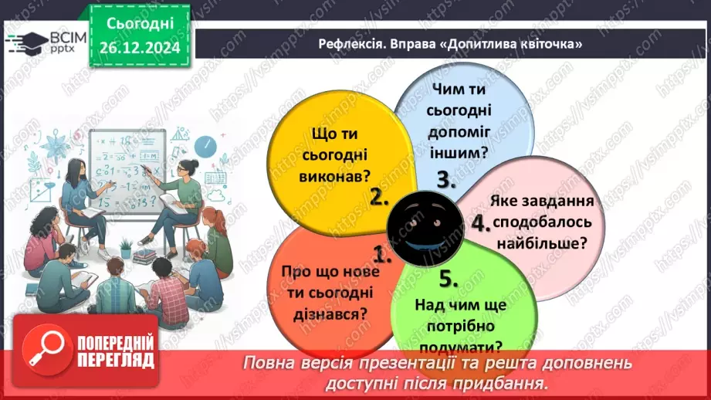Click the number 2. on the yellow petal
pos(378,197)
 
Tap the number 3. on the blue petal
pos(447,180)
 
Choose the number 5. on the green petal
pos(448,278)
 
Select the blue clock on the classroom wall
pos(205,145)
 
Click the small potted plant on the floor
pos(126,247)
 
